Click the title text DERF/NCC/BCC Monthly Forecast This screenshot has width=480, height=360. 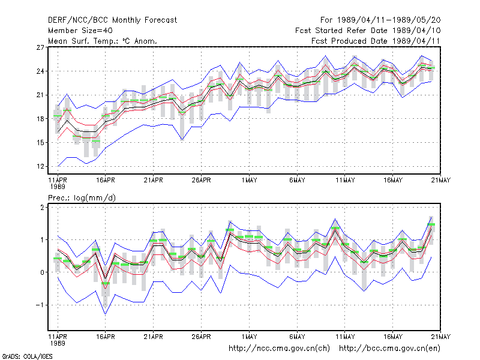click(x=112, y=20)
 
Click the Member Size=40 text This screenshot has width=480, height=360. click(x=80, y=31)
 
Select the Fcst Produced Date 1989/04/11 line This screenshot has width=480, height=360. click(x=376, y=41)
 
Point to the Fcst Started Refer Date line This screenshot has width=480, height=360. click(x=368, y=31)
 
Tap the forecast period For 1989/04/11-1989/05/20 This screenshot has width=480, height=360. click(x=380, y=20)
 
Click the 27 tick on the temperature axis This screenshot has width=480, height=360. click(x=40, y=47)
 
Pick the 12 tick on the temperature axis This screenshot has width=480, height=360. click(x=40, y=167)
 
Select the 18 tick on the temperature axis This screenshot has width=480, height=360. click(x=40, y=119)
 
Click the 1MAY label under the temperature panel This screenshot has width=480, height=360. click(x=249, y=181)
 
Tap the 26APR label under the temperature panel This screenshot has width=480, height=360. click(x=201, y=181)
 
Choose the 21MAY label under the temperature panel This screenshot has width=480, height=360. click(x=441, y=181)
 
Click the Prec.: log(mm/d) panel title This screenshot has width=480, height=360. click(x=82, y=198)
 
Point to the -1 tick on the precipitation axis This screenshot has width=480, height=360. click(x=40, y=305)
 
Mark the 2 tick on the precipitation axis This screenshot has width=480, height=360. click(x=42, y=208)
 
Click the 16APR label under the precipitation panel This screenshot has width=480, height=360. click(x=106, y=337)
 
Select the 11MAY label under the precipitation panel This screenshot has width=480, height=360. click(x=345, y=337)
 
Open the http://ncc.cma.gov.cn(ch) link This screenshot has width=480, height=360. click(x=279, y=349)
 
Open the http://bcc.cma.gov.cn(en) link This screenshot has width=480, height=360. click(x=389, y=349)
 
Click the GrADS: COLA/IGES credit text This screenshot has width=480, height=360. click(x=27, y=356)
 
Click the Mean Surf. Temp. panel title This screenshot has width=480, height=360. click(x=103, y=41)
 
